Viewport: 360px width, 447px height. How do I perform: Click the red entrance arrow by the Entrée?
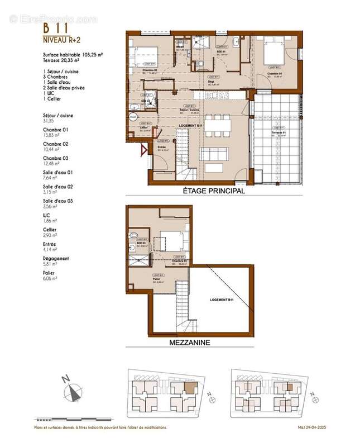pos(143,150)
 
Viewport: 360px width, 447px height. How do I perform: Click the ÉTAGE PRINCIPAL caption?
pos(214,191)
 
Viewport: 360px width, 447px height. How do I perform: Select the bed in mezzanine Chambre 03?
pos(174,241)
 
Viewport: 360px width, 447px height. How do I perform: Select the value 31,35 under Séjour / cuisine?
pos(50,121)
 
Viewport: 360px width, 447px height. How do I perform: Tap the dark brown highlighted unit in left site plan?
pos(190,386)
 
